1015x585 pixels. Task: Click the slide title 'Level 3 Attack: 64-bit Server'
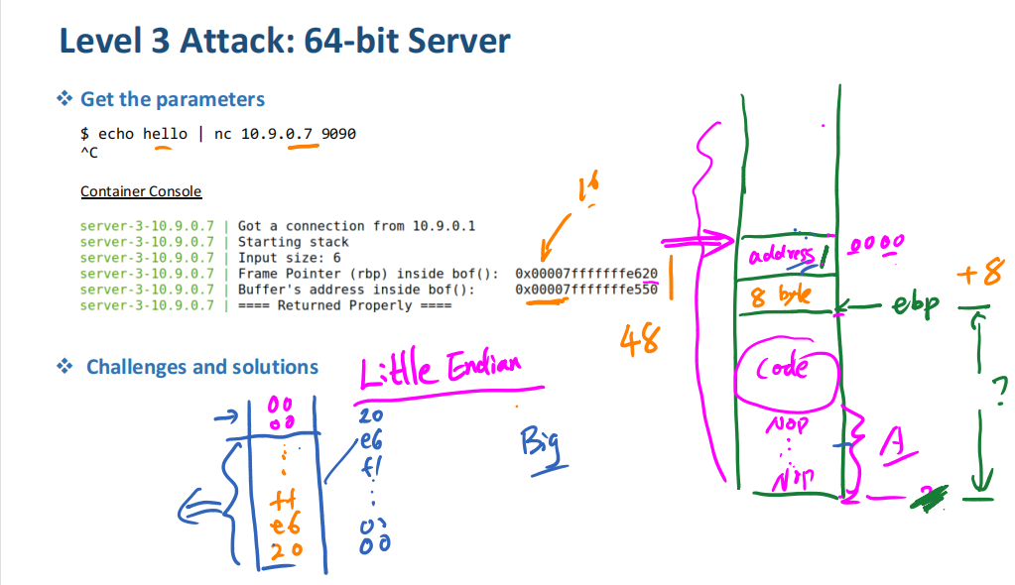285,42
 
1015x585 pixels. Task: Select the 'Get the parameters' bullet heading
172,99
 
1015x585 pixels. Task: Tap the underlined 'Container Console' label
141,191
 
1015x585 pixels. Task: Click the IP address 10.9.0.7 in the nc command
277,134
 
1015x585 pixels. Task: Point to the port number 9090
338,134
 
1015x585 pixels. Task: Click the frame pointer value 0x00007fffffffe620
586,273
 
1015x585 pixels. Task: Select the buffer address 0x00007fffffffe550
586,290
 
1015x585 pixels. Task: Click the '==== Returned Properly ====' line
344,305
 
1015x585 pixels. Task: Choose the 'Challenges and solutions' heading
202,367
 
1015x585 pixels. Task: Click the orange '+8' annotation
981,274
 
